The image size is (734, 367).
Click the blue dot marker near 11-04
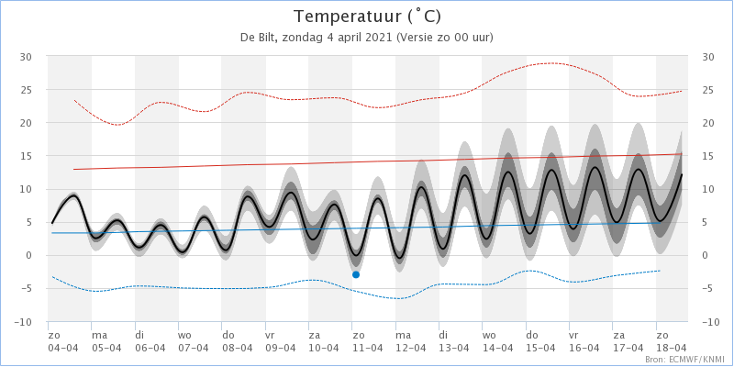(356, 274)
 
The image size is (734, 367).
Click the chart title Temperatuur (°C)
(367, 17)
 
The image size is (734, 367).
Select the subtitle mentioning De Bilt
(367, 38)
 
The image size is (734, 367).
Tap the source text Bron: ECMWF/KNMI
(687, 360)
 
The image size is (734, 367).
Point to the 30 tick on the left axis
(25, 57)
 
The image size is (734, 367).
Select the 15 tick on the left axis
(25, 156)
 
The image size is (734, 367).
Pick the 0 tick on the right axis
(705, 256)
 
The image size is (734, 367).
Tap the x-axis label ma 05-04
(105, 341)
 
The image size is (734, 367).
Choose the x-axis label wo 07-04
(192, 341)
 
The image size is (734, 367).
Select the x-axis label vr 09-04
(279, 341)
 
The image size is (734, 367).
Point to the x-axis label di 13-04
(452, 341)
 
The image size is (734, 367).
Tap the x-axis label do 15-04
(539, 341)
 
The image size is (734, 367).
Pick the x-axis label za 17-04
(627, 341)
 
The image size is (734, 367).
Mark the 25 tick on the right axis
(708, 90)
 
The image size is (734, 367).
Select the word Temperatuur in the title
(348, 17)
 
